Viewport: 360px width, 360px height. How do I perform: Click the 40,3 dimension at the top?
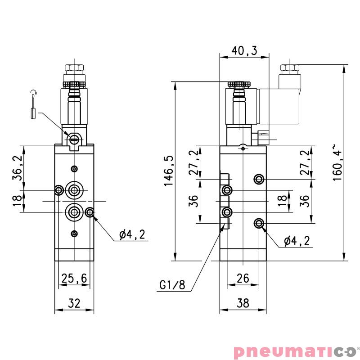[244, 51]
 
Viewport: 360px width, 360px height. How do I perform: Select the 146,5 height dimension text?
[168, 171]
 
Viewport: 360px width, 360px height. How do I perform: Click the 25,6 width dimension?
[74, 279]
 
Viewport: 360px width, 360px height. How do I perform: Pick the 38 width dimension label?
[243, 303]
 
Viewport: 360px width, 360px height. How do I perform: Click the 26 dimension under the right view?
[243, 279]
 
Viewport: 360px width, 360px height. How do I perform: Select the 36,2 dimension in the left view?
[17, 168]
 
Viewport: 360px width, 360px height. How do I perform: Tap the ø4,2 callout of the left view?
[132, 234]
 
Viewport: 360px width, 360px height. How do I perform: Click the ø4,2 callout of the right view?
[297, 241]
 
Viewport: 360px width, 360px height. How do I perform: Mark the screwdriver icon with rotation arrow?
[33, 105]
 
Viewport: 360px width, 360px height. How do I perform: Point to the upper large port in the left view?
[74, 190]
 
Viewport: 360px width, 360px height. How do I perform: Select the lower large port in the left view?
[74, 211]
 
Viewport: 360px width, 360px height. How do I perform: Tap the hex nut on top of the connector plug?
[290, 68]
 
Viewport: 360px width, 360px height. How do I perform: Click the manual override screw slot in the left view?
[74, 139]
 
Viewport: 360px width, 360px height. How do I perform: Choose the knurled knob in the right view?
[238, 84]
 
